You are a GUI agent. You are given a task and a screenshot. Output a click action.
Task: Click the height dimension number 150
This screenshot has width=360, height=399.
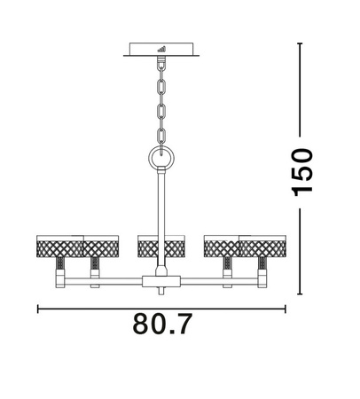click(x=303, y=171)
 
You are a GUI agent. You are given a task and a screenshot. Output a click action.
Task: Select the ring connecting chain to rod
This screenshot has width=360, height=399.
click(x=160, y=158)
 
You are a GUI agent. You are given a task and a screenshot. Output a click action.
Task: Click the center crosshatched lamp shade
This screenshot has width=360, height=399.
click(x=160, y=244)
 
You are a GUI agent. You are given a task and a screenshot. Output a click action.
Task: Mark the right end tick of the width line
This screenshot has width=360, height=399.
click(x=286, y=309)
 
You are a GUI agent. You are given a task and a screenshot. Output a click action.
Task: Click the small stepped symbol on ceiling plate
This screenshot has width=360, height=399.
click(x=161, y=49)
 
